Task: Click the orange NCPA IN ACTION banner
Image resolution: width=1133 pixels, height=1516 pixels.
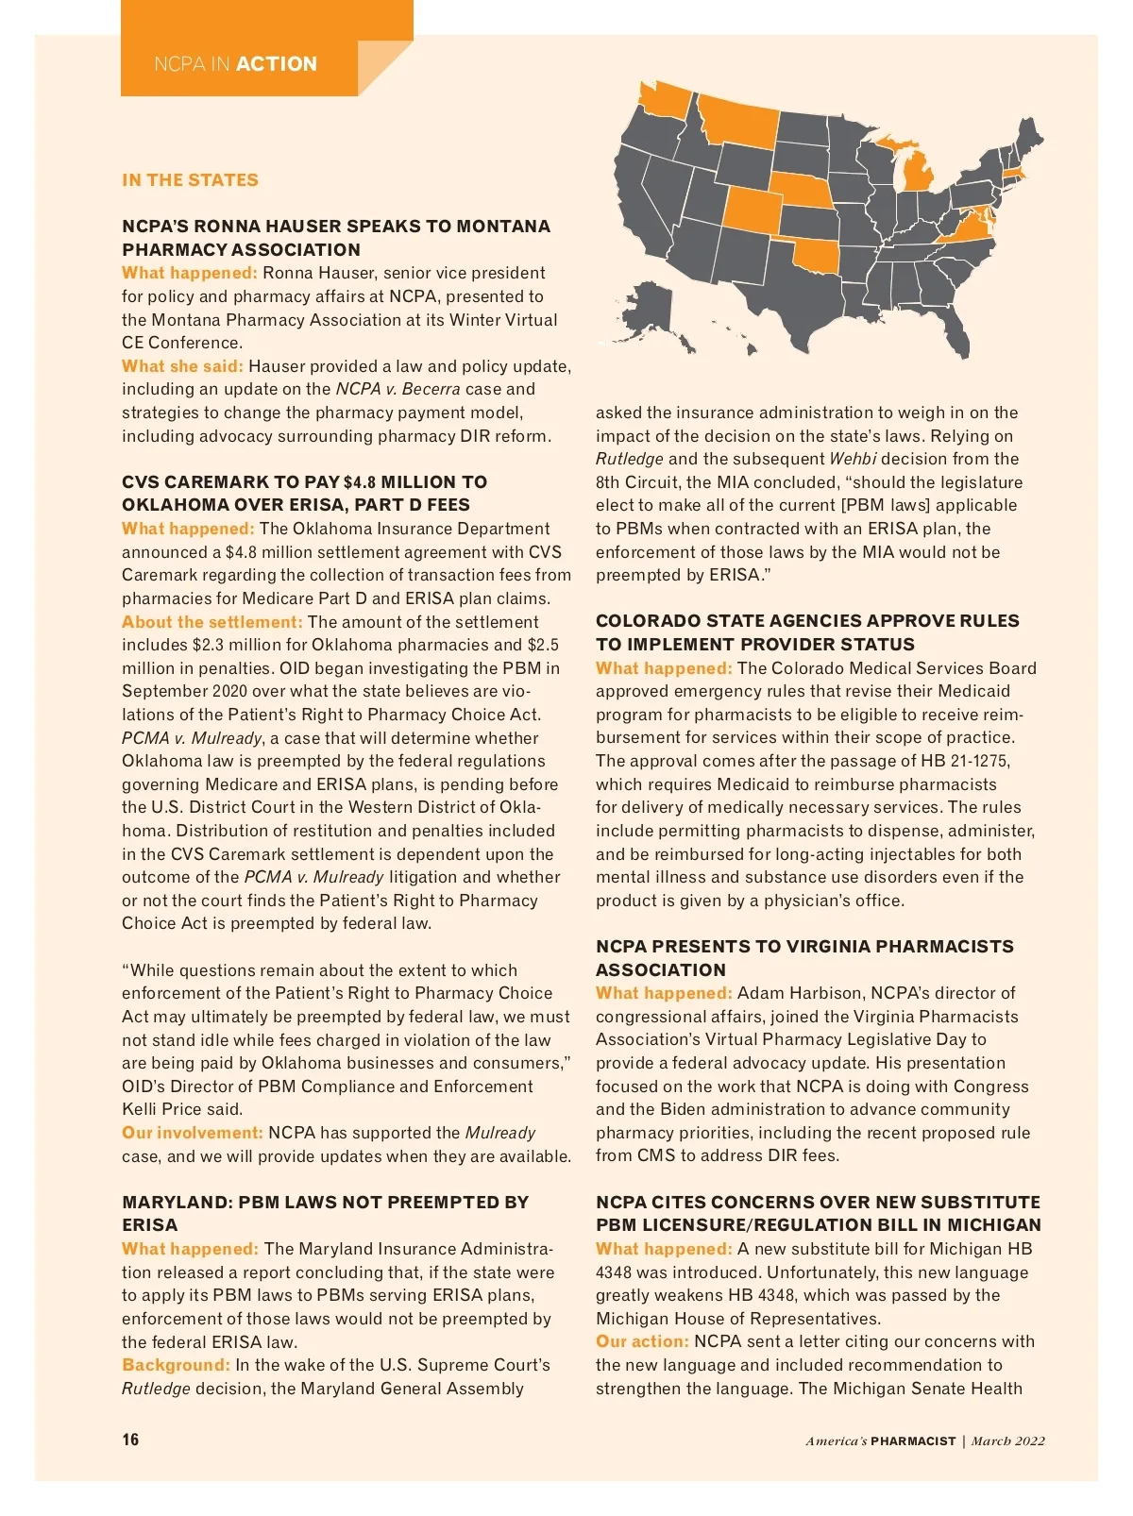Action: (236, 64)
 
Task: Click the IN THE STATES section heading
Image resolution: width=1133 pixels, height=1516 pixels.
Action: (190, 180)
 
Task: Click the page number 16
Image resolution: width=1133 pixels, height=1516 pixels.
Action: (130, 1440)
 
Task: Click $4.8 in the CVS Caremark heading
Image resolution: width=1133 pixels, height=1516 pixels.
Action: (360, 482)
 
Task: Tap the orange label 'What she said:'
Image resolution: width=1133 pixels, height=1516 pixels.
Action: (182, 366)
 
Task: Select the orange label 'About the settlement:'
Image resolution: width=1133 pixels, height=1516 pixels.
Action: (211, 622)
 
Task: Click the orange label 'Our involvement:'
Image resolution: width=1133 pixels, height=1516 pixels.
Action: (192, 1133)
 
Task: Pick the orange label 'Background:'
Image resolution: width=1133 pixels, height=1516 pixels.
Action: (176, 1365)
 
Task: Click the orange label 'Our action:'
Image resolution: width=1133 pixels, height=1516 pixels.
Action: (642, 1341)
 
